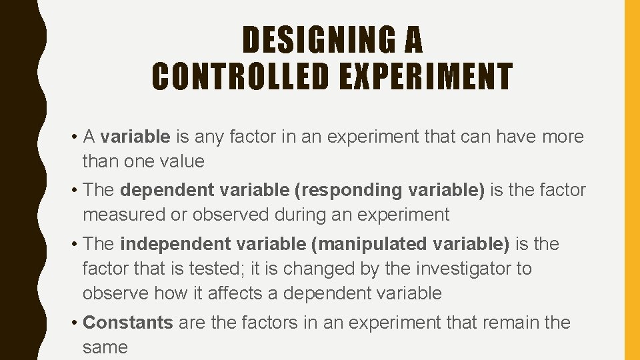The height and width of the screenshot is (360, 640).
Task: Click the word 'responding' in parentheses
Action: (347, 190)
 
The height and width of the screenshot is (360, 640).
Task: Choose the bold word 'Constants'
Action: (128, 323)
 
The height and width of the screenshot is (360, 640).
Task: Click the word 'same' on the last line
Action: (105, 347)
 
